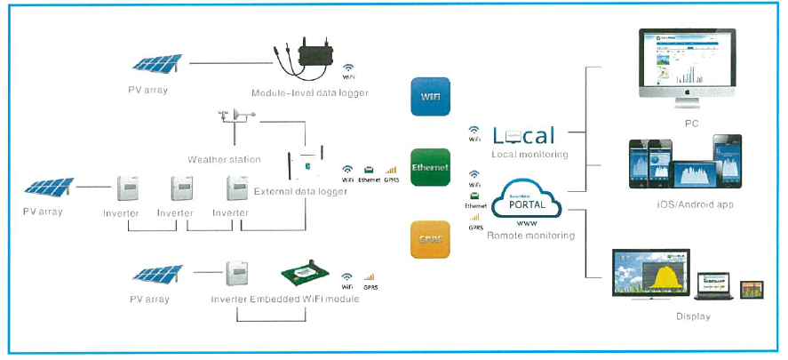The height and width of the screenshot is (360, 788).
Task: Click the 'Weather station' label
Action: pos(224,159)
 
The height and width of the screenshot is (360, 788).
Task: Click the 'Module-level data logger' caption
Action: pos(308,93)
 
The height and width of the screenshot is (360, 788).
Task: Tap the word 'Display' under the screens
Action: pos(692,316)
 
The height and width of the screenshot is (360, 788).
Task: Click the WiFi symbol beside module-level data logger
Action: pos(350,68)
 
